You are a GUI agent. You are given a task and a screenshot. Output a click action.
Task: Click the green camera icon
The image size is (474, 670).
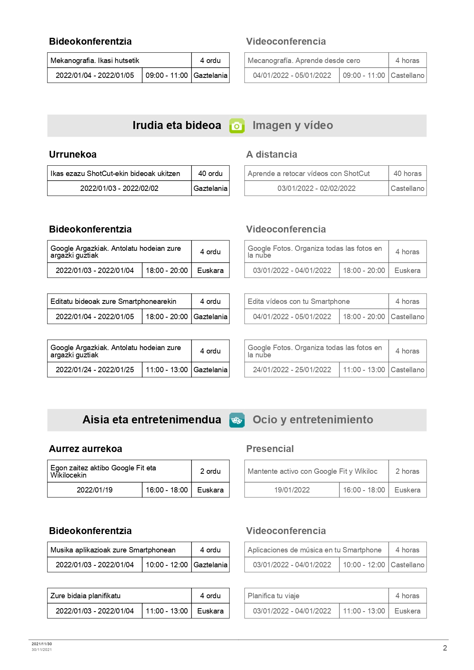pos(237,126)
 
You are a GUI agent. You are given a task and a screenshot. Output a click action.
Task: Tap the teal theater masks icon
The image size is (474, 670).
pos(237,420)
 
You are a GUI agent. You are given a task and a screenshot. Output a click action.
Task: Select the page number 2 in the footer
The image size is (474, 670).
pos(445,648)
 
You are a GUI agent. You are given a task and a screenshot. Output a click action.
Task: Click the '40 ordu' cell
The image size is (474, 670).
pos(210,173)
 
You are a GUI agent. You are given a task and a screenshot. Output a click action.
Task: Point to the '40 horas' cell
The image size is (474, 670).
pos(407,173)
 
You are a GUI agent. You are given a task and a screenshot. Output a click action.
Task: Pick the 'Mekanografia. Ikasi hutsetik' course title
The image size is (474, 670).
pos(95,60)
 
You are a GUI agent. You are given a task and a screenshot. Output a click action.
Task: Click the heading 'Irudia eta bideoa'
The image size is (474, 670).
pos(177,125)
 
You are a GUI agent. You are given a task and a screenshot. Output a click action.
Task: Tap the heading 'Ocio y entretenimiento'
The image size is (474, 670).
pos(313,420)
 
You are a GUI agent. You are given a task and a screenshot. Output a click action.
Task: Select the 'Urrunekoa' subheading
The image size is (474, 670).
pos(73,154)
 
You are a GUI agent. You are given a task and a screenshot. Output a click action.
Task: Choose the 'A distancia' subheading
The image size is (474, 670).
pos(271,154)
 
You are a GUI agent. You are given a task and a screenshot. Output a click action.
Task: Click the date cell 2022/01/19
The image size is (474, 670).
pos(94,490)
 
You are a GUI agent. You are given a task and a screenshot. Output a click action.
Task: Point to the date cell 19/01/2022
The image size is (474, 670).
pos(292,490)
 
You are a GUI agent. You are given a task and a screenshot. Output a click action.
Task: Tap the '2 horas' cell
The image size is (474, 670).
pos(407,471)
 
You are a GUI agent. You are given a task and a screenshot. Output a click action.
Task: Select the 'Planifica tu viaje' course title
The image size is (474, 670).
pos(273,596)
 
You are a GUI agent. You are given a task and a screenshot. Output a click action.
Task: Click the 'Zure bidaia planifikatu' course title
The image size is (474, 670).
pos(85,596)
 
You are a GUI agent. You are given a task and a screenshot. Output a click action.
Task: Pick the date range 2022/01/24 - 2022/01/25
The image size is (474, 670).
pos(95,370)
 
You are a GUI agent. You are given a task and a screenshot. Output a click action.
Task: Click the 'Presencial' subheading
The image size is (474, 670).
pos(270,449)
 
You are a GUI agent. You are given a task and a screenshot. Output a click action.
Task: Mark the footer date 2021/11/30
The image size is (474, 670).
pos(42,644)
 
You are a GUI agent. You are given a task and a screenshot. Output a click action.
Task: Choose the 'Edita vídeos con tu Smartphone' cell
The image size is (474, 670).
pos(299,301)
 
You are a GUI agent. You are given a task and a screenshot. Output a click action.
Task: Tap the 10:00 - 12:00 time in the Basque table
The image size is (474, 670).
pos(167,565)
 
